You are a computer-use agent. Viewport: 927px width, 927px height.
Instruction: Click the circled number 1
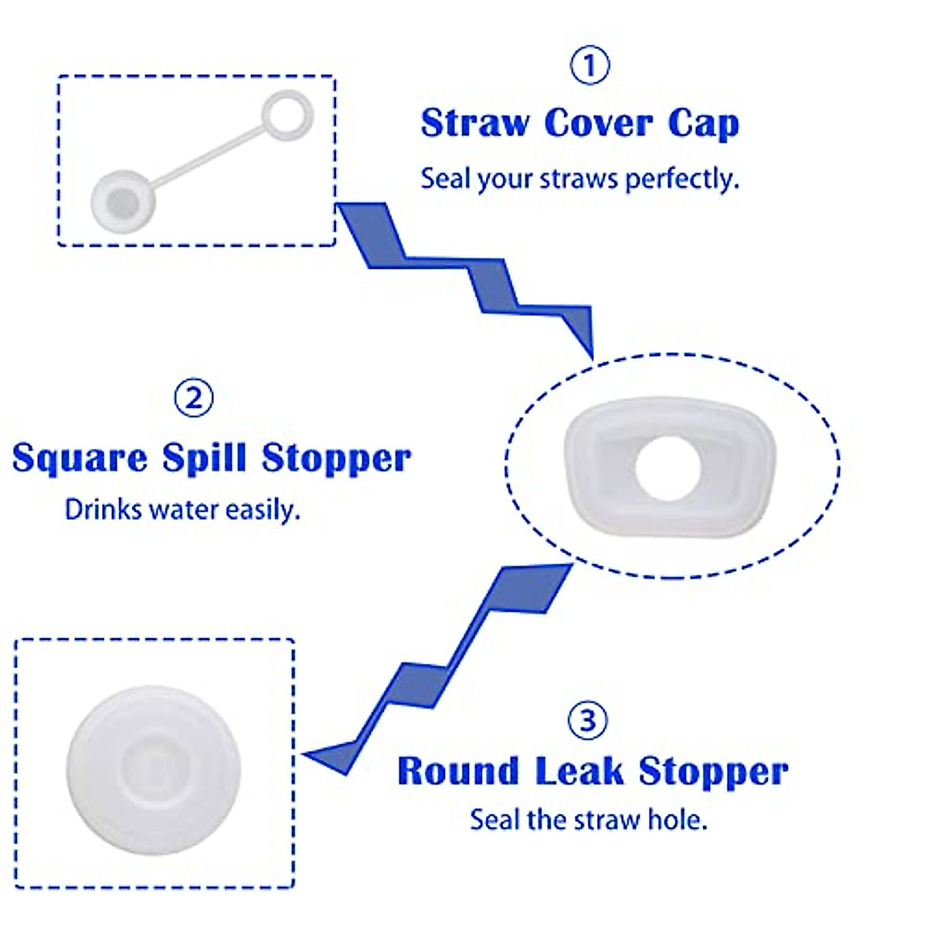point(589,66)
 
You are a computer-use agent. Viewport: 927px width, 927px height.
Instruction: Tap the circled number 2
point(194,397)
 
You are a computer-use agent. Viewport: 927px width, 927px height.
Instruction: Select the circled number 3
point(588,720)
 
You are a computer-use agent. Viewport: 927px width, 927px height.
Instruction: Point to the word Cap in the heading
point(703,124)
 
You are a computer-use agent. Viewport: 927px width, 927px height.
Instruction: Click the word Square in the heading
point(80,458)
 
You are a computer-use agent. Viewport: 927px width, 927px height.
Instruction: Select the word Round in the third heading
point(458,771)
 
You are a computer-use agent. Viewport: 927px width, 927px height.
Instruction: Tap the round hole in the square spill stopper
point(667,467)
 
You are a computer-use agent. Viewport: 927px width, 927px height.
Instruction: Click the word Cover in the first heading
point(599,124)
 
